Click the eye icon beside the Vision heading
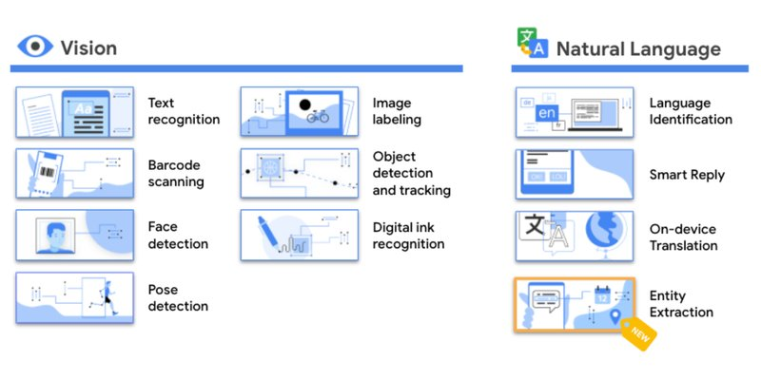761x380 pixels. (x=36, y=47)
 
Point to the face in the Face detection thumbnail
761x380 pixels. (x=55, y=233)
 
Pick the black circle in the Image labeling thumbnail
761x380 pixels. (x=305, y=104)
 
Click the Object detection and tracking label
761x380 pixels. (x=411, y=173)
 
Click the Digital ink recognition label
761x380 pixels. (x=408, y=236)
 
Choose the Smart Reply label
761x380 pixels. (x=687, y=175)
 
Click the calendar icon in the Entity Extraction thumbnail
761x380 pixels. (x=601, y=294)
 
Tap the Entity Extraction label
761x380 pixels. (x=681, y=304)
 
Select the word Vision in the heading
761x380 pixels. (x=88, y=47)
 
